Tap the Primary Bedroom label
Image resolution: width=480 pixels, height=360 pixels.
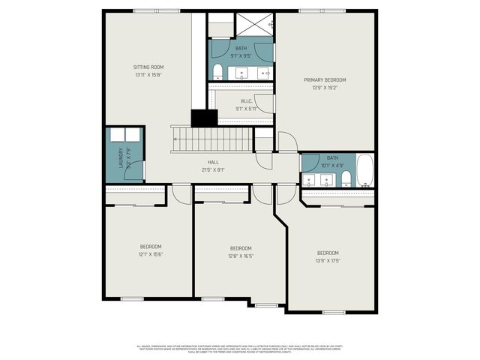click(x=325, y=79)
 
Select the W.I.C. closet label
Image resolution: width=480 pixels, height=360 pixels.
click(x=245, y=101)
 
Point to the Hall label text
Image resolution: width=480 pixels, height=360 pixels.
click(x=213, y=162)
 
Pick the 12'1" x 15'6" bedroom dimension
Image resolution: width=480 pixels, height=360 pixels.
click(x=150, y=254)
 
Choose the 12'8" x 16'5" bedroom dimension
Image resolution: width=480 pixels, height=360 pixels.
click(x=240, y=256)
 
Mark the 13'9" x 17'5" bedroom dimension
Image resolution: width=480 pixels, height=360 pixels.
click(x=328, y=260)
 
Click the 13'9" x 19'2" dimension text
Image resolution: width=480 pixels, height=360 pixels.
click(x=325, y=87)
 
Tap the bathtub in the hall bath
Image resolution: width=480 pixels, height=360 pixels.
click(x=364, y=171)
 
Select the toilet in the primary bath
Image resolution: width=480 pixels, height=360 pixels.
click(x=217, y=71)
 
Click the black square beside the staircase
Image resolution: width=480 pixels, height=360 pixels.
click(x=203, y=118)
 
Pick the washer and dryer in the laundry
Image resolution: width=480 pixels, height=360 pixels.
click(x=124, y=135)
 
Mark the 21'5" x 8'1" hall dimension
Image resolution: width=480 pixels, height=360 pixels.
click(x=213, y=169)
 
